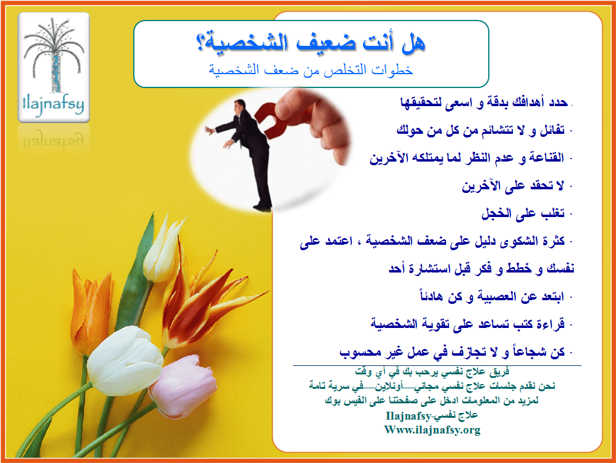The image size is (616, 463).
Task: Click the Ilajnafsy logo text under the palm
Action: (x=54, y=105)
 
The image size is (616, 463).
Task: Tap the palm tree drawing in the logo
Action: (x=54, y=55)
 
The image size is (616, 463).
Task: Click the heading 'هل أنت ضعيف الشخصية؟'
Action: (x=310, y=42)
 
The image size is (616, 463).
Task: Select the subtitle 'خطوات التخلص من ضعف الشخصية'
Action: (x=311, y=70)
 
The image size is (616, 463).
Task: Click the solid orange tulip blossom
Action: (x=91, y=310)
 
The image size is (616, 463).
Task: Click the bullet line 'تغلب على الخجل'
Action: (x=523, y=213)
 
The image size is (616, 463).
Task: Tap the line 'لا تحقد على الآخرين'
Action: (x=513, y=185)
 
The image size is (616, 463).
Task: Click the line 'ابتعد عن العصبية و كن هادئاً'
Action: (x=492, y=296)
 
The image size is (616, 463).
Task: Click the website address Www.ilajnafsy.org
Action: (x=432, y=430)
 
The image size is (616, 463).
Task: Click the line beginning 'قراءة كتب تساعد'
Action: (x=468, y=324)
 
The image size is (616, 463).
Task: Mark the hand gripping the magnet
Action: (x=314, y=122)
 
